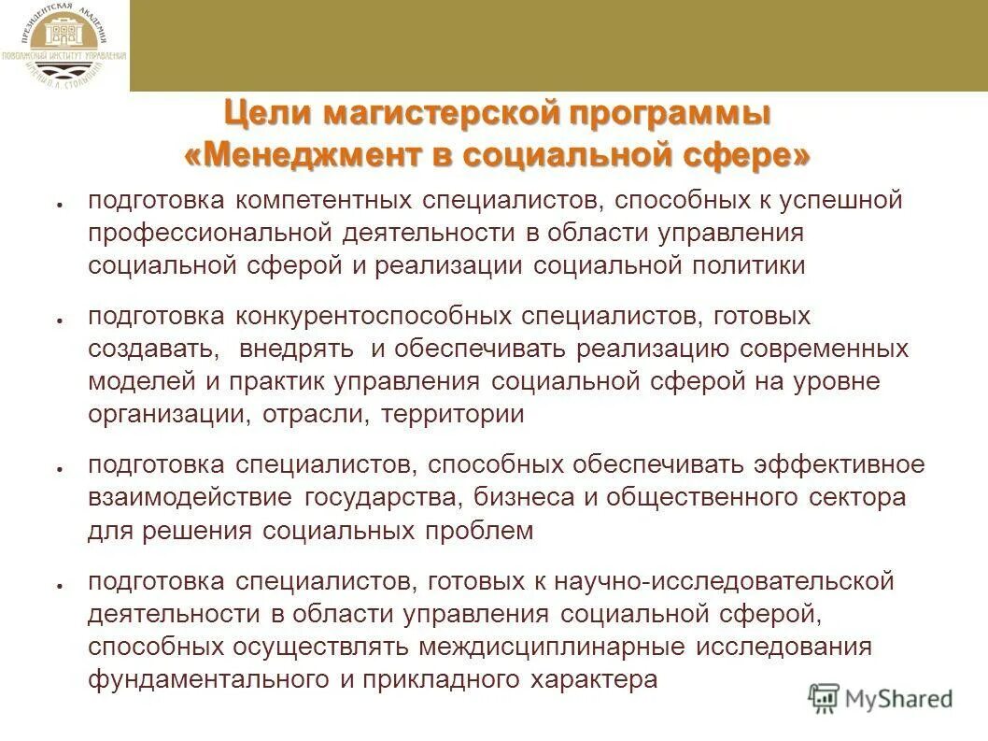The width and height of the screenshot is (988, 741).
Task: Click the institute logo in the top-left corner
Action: tap(64, 46)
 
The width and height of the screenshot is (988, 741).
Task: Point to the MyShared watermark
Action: tap(881, 698)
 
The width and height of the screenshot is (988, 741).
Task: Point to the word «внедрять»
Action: tap(296, 349)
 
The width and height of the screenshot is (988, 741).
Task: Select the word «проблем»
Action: tap(487, 531)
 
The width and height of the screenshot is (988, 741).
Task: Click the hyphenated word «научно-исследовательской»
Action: tap(727, 581)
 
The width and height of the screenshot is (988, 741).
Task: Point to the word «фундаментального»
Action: tap(205, 680)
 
